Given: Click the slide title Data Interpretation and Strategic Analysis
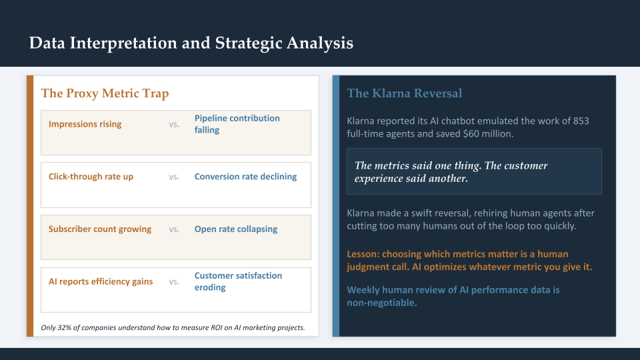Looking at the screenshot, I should click(x=191, y=43).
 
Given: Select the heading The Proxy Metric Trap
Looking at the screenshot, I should click(x=105, y=93).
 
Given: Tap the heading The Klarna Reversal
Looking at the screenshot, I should click(x=404, y=93).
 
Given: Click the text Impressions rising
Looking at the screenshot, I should click(x=85, y=124).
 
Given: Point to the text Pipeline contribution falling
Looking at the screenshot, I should click(x=237, y=124).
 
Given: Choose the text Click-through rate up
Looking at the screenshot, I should click(x=91, y=177).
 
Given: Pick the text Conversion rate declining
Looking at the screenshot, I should click(x=245, y=177).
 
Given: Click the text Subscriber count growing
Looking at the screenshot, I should click(x=100, y=229).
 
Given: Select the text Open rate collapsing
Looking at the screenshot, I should click(x=235, y=229).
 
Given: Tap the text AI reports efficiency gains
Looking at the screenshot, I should click(x=101, y=281).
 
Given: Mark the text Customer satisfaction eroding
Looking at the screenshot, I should click(x=238, y=281).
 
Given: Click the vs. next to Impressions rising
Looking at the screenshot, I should click(x=174, y=124).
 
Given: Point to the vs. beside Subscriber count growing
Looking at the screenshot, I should click(x=174, y=229).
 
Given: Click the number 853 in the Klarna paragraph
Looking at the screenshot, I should click(x=580, y=121).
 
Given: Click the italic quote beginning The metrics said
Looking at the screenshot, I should click(x=451, y=172).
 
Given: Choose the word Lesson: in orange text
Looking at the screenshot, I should click(x=364, y=254).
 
